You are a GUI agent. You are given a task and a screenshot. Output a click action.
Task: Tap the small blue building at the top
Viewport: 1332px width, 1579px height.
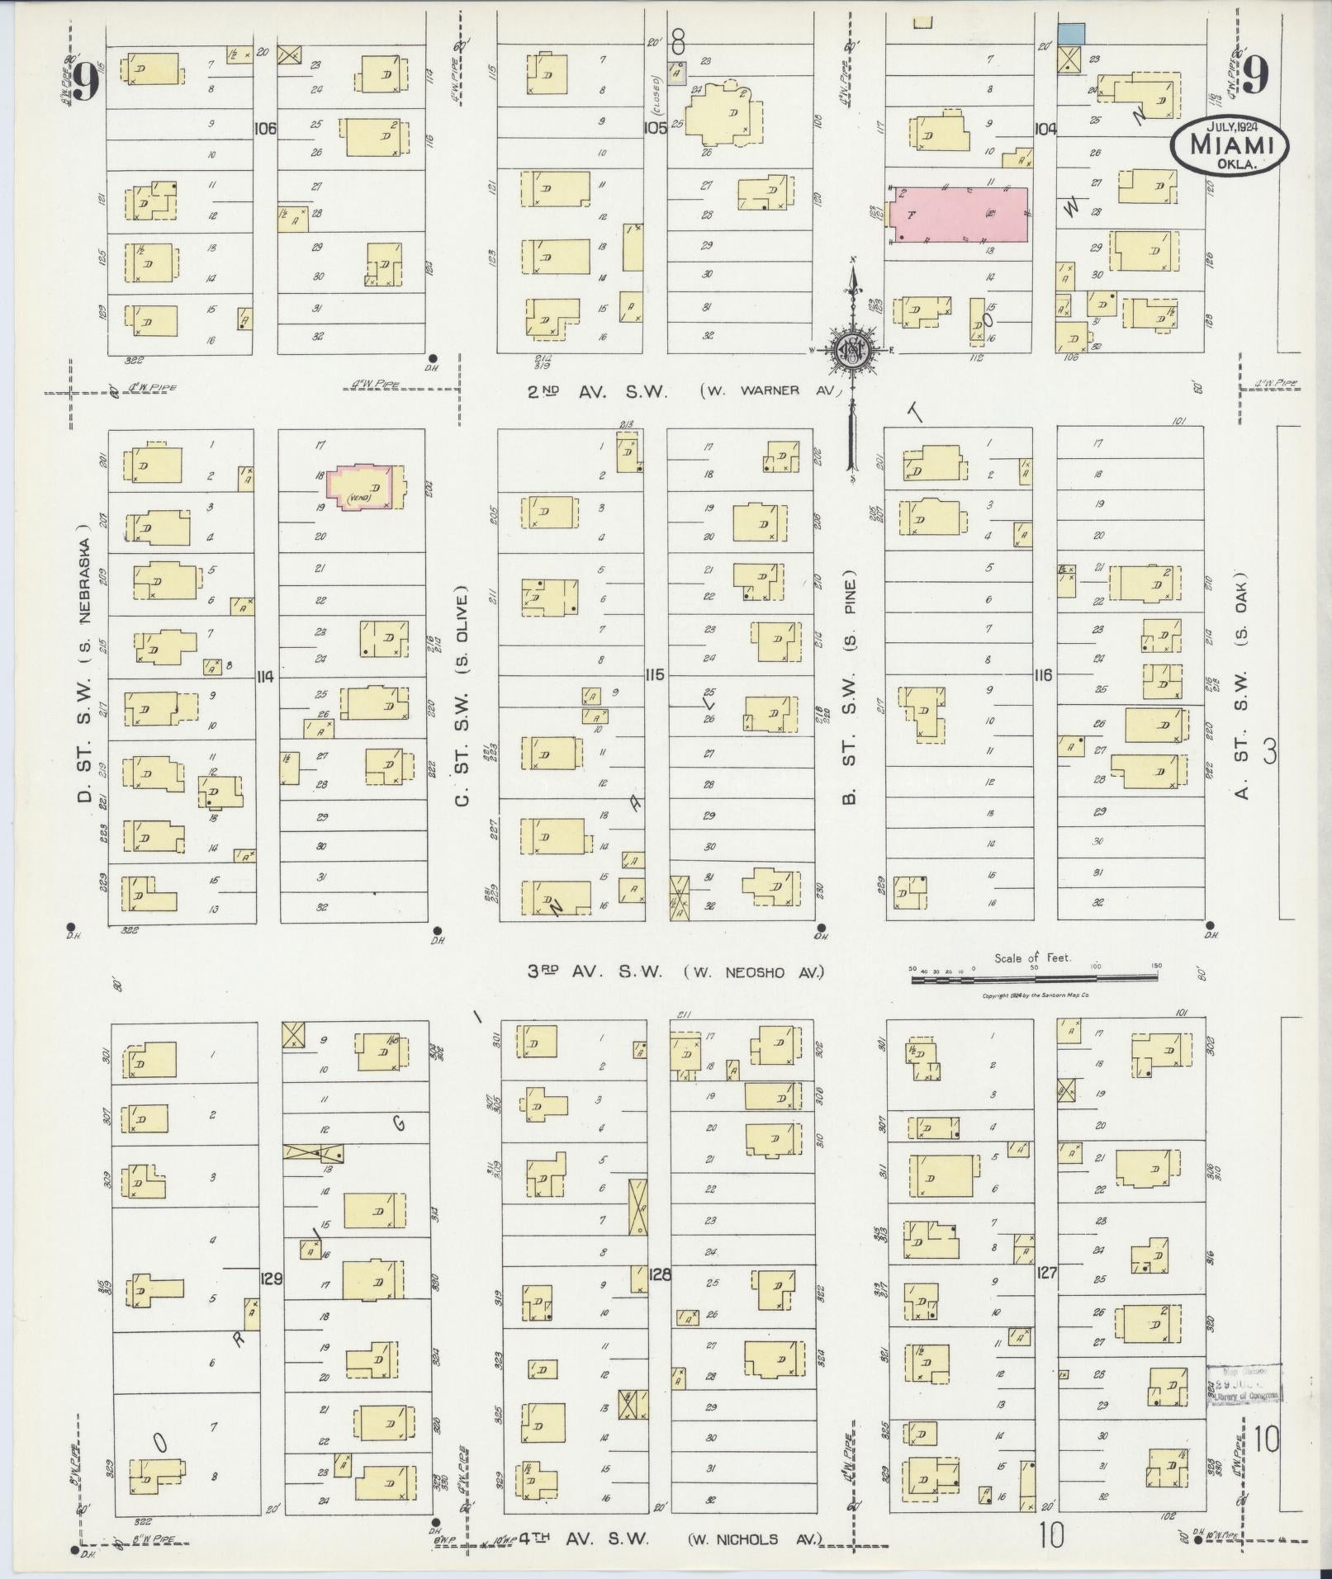(x=1071, y=34)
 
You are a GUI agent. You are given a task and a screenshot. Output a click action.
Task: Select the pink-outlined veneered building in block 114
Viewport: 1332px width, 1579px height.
(x=364, y=488)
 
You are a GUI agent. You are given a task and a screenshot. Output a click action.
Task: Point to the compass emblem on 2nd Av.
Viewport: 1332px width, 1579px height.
(x=851, y=350)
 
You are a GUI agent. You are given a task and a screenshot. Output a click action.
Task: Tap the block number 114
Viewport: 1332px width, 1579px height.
(x=266, y=677)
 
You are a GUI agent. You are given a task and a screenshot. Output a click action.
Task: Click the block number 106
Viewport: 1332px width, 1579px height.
(x=266, y=129)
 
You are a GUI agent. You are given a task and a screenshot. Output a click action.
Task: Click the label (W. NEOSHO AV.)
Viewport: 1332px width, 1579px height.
(x=753, y=972)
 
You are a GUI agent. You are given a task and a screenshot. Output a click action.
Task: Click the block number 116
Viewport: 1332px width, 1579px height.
(x=1043, y=675)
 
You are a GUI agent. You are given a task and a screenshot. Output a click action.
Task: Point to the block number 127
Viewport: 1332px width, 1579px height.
(x=1046, y=1296)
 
